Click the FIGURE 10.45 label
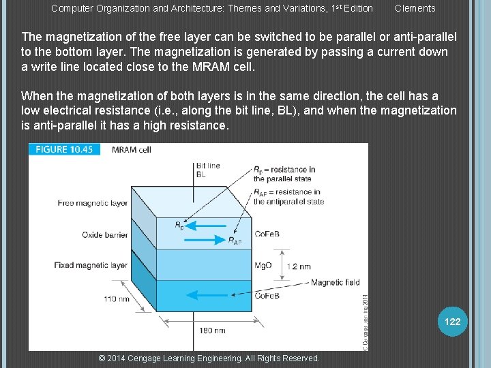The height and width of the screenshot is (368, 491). [64, 150]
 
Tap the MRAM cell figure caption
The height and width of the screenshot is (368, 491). [131, 150]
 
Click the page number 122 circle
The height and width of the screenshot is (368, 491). [452, 322]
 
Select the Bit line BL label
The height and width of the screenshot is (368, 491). [208, 170]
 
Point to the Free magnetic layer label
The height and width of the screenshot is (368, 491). [93, 202]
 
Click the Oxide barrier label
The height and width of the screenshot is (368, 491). [104, 235]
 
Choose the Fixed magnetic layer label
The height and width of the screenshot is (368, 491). [91, 265]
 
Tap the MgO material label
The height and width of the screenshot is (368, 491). [263, 265]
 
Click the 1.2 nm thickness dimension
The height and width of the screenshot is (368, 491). [300, 266]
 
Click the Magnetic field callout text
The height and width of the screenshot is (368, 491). [335, 282]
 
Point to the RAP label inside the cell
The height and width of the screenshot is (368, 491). [234, 241]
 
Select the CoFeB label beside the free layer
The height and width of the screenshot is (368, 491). [267, 234]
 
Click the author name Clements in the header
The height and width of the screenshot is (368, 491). [415, 8]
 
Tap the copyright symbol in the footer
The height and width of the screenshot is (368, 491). [102, 358]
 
